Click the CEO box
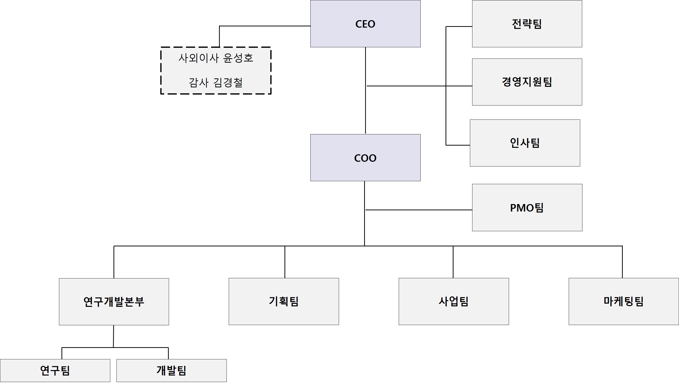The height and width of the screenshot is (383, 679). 365,24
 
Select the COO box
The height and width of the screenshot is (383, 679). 365,158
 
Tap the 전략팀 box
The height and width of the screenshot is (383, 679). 527,24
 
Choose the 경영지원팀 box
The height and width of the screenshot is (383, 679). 527,82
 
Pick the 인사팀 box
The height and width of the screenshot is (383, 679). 525,143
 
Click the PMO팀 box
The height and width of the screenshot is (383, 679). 527,208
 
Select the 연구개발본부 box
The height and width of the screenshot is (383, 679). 114,302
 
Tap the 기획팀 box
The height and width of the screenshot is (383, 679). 283,301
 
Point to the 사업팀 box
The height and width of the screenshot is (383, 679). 454,301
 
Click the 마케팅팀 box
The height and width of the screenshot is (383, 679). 624,301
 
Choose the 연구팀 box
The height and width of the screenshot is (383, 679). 55,370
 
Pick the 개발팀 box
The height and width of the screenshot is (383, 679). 171,370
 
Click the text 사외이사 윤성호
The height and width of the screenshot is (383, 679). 216,58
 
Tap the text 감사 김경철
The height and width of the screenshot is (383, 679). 216,83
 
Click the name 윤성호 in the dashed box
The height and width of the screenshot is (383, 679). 238,58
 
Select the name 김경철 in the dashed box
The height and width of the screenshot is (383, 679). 228,83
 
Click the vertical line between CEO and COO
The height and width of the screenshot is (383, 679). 365,111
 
